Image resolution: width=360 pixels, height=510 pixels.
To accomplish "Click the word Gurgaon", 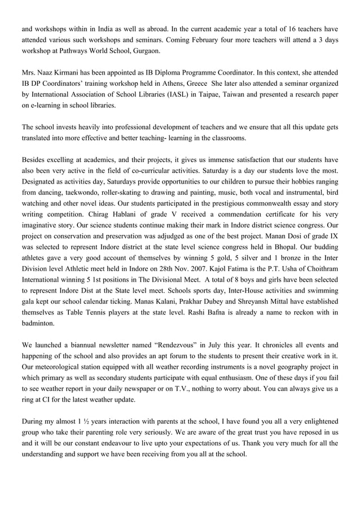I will [145, 51].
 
